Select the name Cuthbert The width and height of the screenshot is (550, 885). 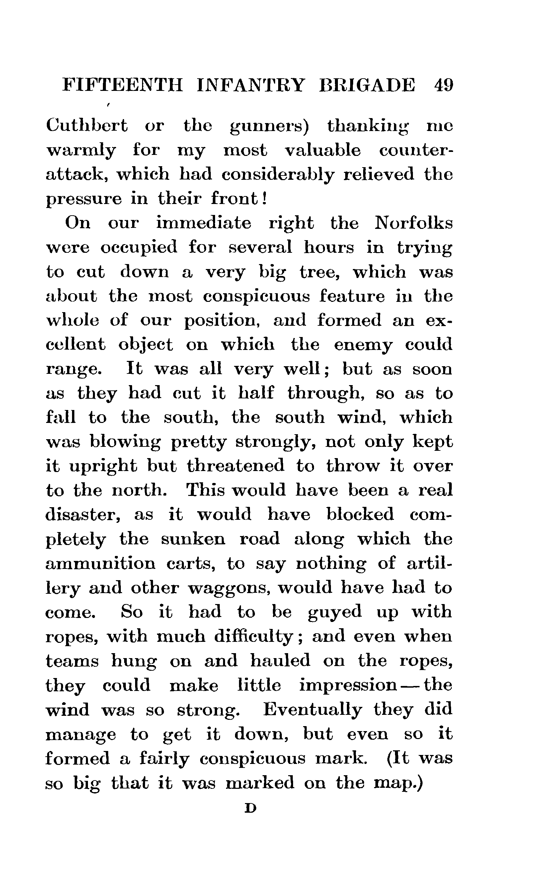tap(87, 126)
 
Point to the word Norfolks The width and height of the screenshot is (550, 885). tap(414, 223)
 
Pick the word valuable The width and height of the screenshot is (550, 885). tap(323, 150)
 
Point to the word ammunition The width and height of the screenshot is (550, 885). tap(101, 564)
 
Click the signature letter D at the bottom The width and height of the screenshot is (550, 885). tap(251, 808)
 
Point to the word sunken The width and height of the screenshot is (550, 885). tap(193, 539)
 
